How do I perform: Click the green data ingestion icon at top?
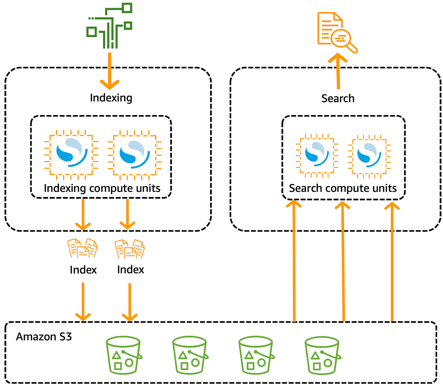(x=109, y=26)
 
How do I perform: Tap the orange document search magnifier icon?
(x=337, y=32)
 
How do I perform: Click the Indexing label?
(x=111, y=98)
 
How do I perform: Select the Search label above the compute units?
(x=338, y=99)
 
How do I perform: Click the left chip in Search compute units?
(x=317, y=155)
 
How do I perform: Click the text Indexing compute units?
(x=102, y=188)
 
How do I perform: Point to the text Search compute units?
(x=343, y=189)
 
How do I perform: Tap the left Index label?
(x=83, y=270)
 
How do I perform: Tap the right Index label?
(x=130, y=270)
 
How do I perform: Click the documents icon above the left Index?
(x=83, y=248)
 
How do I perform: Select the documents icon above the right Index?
(x=130, y=249)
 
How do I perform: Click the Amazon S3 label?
(x=44, y=337)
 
